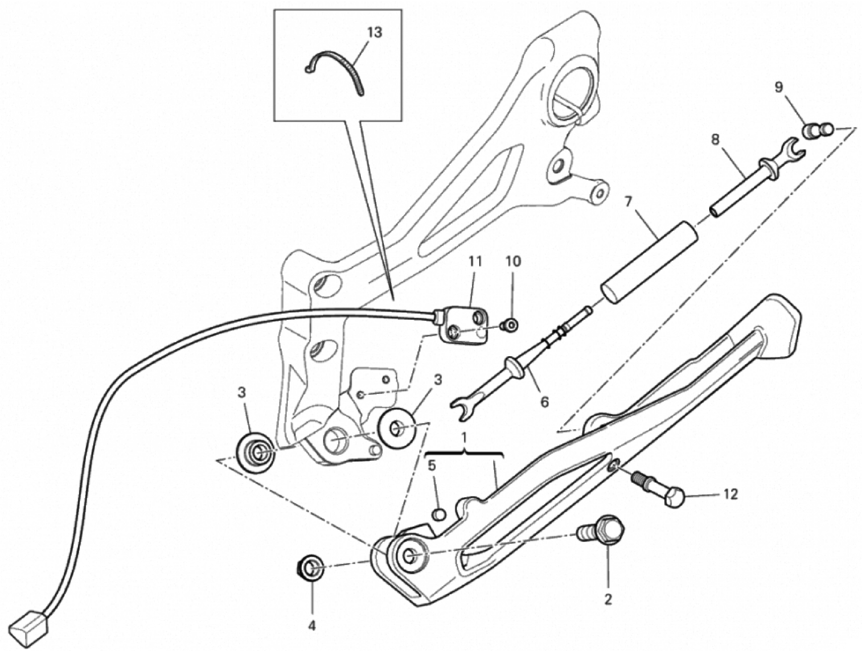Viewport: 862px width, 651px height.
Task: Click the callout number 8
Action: point(715,140)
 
